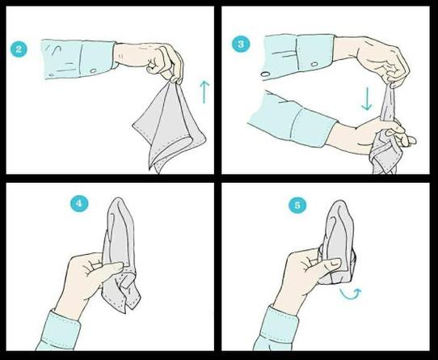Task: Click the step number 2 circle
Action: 19,49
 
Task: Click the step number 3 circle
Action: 240,44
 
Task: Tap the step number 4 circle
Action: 79,203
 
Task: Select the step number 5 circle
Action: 297,205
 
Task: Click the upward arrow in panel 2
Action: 204,92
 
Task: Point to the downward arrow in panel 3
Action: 367,99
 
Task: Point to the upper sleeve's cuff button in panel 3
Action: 314,64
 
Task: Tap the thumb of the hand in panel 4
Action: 110,269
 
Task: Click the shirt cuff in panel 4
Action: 60,330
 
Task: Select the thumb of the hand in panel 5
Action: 327,265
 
